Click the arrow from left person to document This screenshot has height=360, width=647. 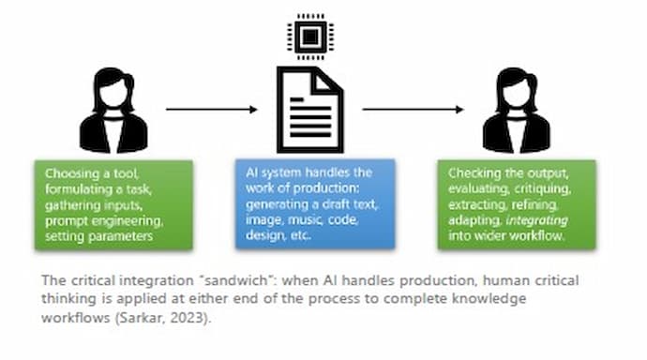tap(211, 110)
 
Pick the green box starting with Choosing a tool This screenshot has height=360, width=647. tap(113, 203)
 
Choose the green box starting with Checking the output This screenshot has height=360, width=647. tap(516, 203)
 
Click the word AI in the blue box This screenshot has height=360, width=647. tap(249, 173)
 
